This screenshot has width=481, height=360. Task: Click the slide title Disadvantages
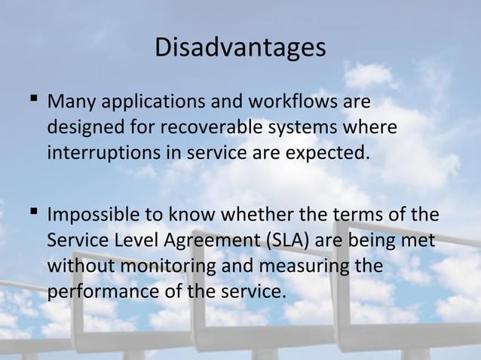tap(240, 48)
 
